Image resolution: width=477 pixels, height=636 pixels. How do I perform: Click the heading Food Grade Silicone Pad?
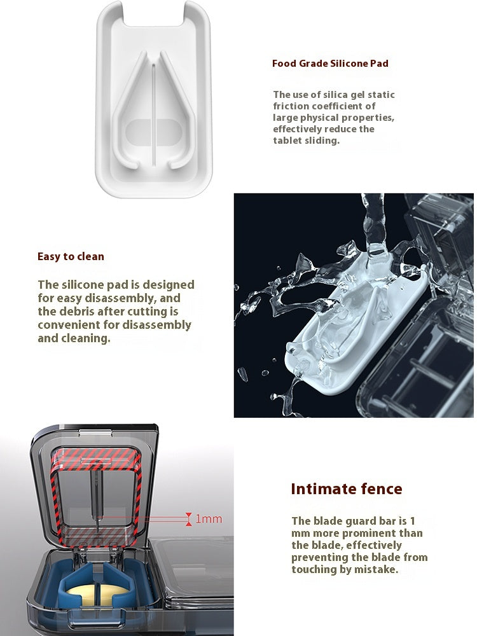click(330, 63)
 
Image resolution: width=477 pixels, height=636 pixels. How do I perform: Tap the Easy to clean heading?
click(71, 256)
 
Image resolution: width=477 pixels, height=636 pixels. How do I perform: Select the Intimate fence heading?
click(347, 488)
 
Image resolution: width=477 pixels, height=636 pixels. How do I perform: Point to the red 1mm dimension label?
click(209, 519)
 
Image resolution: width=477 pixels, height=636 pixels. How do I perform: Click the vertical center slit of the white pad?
click(154, 114)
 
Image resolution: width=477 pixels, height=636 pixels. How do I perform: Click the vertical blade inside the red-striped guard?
click(96, 501)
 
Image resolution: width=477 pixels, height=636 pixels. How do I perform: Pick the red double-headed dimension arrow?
click(189, 519)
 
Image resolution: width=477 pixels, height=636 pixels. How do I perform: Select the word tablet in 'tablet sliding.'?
click(287, 141)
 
